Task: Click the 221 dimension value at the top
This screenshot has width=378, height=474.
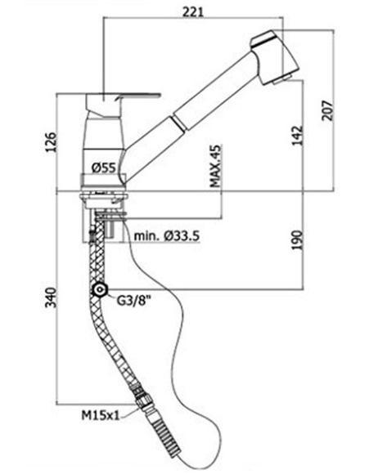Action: (193, 11)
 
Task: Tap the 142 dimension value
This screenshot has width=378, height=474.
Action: (297, 135)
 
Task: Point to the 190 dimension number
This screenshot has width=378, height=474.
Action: (297, 240)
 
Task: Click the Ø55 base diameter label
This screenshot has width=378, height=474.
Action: (104, 168)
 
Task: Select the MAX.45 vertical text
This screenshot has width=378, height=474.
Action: (215, 166)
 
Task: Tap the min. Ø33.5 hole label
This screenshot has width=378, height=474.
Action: (167, 235)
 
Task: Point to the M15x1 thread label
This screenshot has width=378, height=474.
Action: (101, 415)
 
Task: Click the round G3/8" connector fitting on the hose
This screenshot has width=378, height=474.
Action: (99, 290)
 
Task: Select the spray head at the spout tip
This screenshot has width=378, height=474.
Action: (274, 57)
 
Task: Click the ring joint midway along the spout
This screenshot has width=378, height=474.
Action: (178, 123)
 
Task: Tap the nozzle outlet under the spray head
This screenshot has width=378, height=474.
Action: (281, 80)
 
